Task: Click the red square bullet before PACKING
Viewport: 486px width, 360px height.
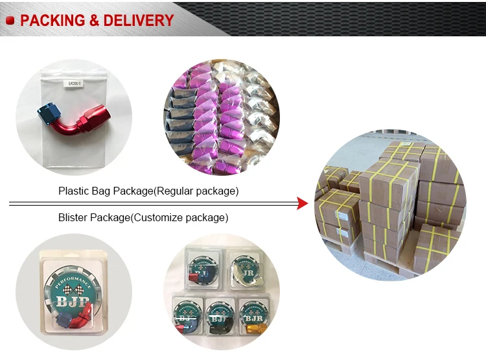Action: (10, 21)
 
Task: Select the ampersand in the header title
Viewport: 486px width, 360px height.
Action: (93, 20)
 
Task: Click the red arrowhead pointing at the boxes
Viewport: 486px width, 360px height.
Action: (301, 204)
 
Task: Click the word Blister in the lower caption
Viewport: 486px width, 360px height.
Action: (72, 218)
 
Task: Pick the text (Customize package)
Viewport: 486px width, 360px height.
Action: (179, 218)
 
